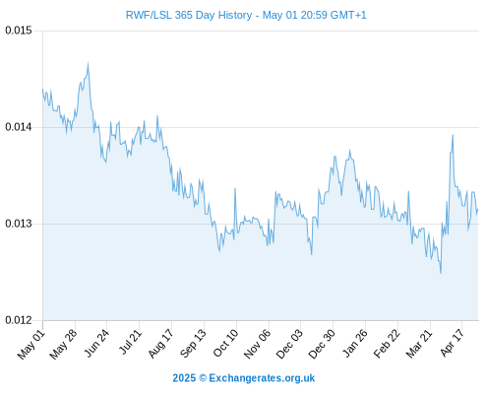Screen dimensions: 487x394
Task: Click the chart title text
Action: pos(246,15)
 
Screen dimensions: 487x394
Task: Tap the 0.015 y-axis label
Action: pos(19,31)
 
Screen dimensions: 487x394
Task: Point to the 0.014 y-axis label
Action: pos(19,127)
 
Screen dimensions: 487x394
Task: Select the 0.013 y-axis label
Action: pos(19,224)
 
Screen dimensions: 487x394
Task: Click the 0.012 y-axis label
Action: pos(19,320)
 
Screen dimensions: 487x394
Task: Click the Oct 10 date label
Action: pos(225,343)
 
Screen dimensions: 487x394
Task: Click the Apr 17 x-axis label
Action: pos(453,343)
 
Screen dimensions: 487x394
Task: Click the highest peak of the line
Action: pos(88,62)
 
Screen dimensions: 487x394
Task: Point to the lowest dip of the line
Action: pos(441,273)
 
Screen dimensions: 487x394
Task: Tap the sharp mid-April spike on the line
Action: pos(453,135)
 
